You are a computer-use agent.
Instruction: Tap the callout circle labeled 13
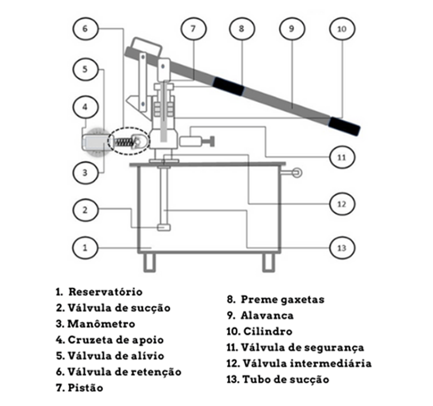click(x=341, y=246)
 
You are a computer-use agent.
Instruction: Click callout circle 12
click(x=341, y=202)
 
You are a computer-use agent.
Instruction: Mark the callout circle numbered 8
click(x=241, y=28)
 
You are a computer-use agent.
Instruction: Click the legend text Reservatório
click(x=105, y=292)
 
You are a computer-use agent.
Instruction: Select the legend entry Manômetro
click(x=101, y=324)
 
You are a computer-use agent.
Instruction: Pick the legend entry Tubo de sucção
click(x=285, y=379)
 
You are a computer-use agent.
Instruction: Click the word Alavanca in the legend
click(x=267, y=315)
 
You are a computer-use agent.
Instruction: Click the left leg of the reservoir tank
click(x=149, y=261)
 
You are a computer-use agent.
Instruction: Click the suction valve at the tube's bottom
click(x=164, y=227)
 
